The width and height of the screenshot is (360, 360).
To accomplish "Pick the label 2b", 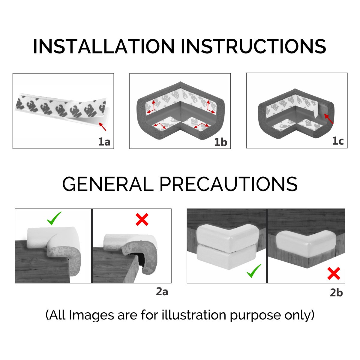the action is pyautogui.click(x=336, y=292).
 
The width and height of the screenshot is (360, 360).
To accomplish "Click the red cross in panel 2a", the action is pyautogui.click(x=142, y=219).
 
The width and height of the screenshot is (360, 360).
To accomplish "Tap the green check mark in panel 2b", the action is pyautogui.click(x=254, y=271).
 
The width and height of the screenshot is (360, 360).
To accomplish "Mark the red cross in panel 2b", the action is pyautogui.click(x=334, y=273).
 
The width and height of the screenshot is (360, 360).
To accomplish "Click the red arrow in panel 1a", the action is pyautogui.click(x=102, y=127).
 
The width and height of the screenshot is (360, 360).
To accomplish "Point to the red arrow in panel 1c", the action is pyautogui.click(x=328, y=119).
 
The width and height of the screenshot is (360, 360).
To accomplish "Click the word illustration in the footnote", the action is pyautogui.click(x=194, y=315).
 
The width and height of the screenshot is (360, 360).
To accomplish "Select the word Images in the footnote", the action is pyautogui.click(x=91, y=316).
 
